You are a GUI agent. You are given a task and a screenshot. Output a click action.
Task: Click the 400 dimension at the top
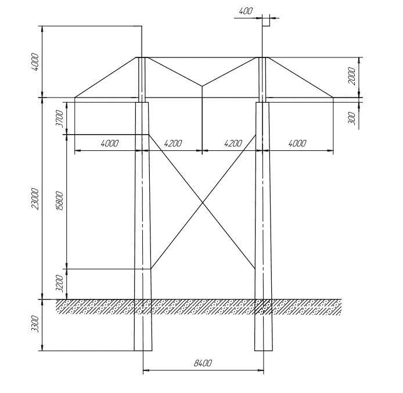pos(246,11)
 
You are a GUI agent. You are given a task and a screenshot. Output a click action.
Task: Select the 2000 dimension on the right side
pos(352,76)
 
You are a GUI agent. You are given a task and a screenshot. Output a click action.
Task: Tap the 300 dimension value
pos(352,118)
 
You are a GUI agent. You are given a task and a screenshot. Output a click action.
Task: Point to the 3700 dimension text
pos(59,118)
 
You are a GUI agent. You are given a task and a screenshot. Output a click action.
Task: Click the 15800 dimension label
pos(59,201)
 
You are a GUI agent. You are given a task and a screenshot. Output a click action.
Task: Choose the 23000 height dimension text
pos(35,199)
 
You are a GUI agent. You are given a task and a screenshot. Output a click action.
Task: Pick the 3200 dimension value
pos(59,283)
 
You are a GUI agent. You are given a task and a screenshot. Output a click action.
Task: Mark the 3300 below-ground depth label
pos(35,325)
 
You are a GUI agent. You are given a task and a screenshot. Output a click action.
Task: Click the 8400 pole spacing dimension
pos(203,363)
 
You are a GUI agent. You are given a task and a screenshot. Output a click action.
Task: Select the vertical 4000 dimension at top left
pos(35,62)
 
